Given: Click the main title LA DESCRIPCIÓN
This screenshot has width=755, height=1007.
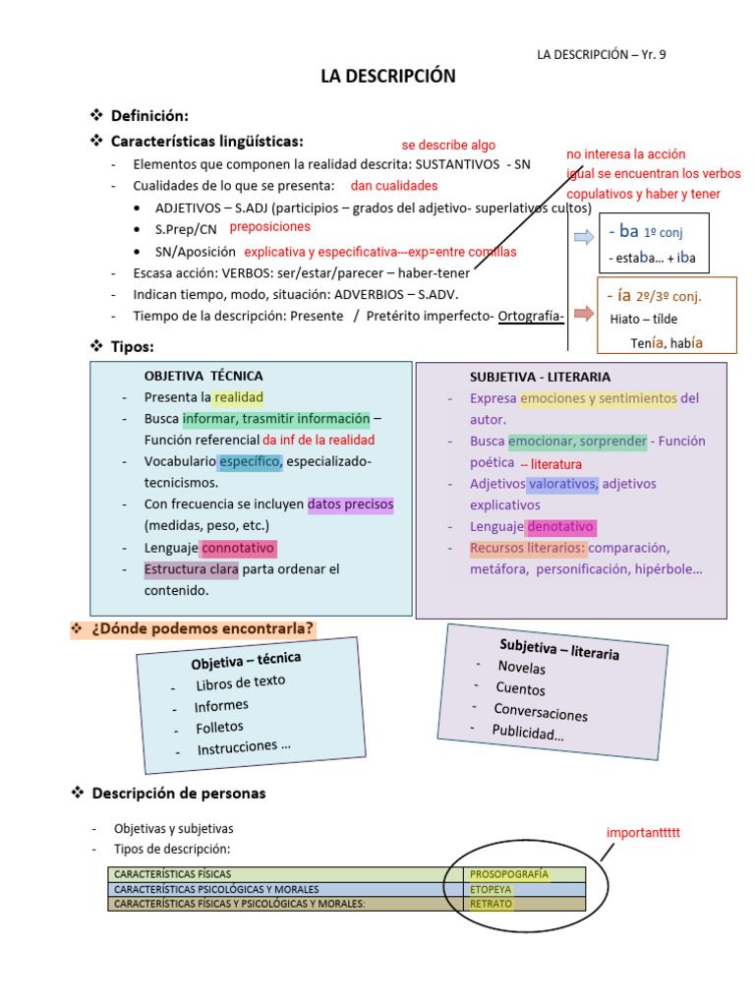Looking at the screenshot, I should pos(388,77).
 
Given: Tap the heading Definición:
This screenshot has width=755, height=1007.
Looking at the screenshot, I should pos(149,116).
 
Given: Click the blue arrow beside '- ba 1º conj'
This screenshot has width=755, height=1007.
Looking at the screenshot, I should pos(584,236).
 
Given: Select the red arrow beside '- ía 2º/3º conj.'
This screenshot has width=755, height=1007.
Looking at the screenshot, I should pos(584,314).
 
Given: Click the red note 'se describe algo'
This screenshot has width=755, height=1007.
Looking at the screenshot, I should pos(448,145).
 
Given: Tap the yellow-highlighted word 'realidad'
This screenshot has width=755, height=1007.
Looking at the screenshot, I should pos(239,397).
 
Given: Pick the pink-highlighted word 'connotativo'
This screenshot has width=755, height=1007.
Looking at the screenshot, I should pos(239,548).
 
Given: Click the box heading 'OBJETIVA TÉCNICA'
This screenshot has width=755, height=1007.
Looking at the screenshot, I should pos(203,376).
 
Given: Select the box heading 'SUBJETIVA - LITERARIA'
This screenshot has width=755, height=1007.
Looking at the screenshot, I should pos(540,377).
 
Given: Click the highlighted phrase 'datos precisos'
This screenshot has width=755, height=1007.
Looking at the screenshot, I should pos(351,504).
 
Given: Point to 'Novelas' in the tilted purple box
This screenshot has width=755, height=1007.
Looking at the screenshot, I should pos(522,668).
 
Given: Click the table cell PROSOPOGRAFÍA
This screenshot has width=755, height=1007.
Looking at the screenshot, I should pos(509,873).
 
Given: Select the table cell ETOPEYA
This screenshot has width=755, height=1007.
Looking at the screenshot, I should pos(492,889).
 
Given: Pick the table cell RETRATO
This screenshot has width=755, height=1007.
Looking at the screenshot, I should pos(491,904).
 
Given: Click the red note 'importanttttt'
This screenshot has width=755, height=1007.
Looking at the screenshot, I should pos(643,833).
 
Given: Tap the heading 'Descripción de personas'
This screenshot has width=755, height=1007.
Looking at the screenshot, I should pos(179,793).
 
